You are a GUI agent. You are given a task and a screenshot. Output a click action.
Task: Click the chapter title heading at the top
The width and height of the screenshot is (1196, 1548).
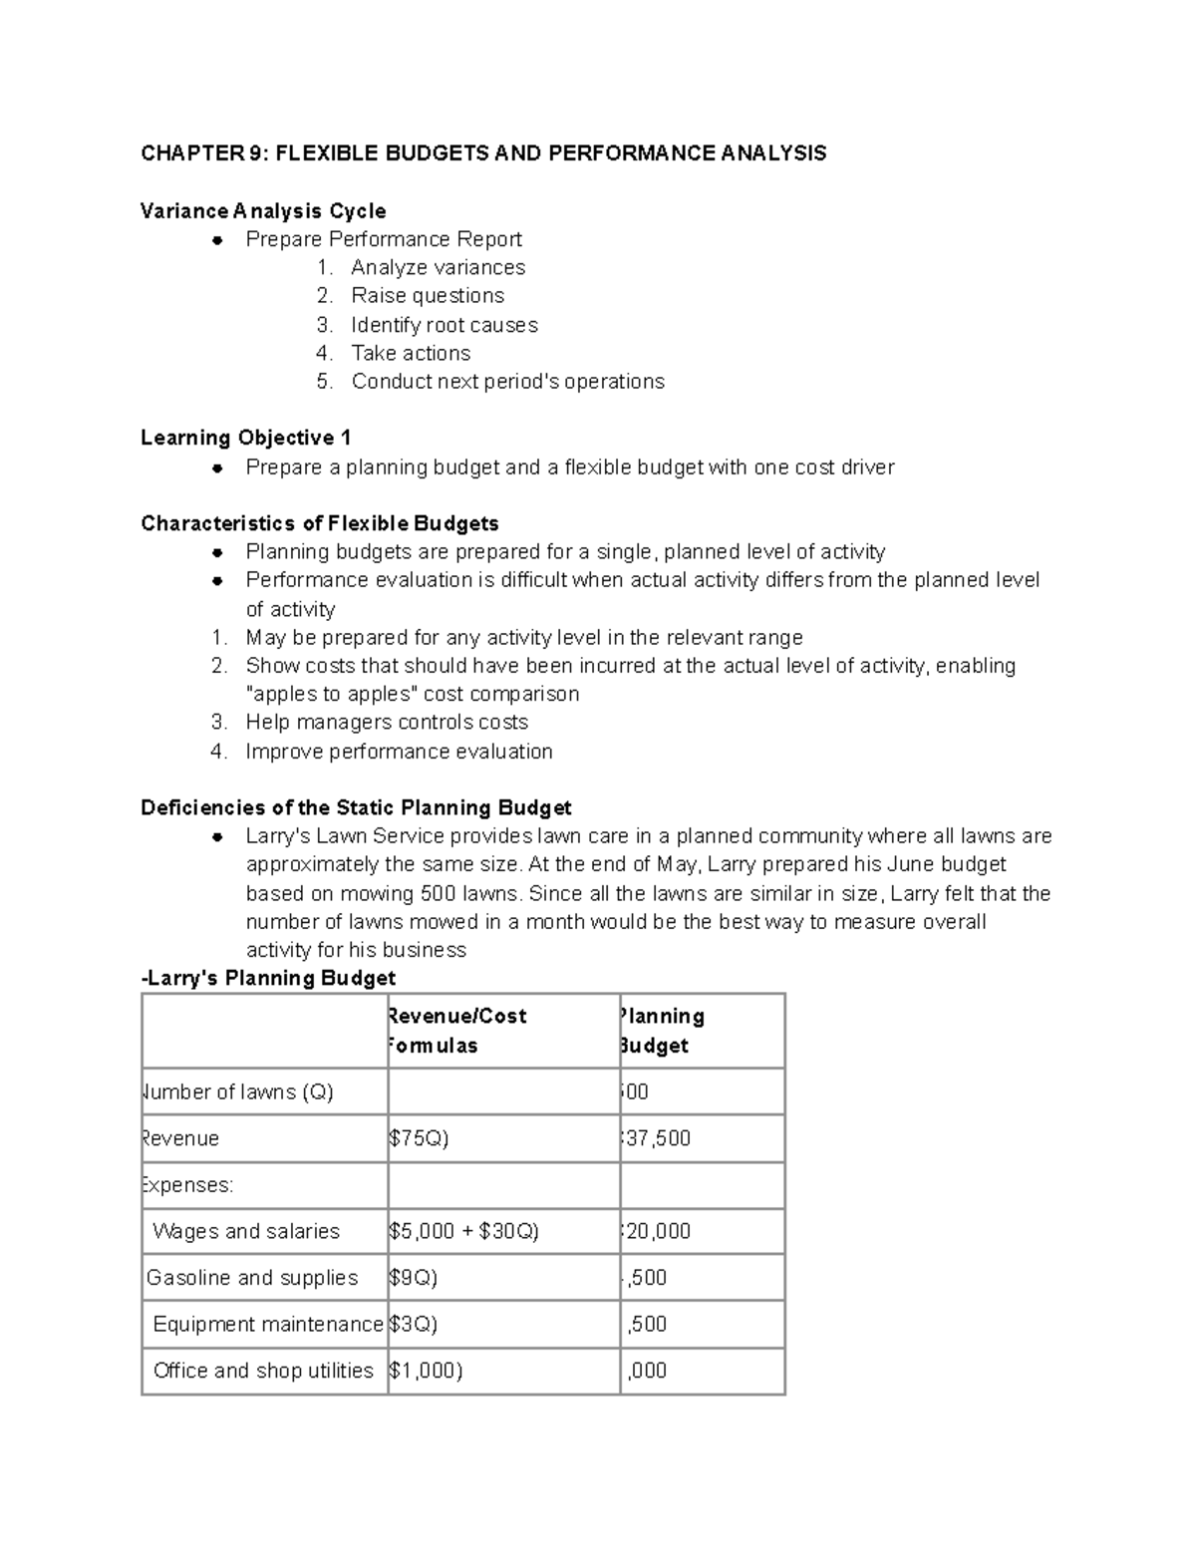(x=483, y=154)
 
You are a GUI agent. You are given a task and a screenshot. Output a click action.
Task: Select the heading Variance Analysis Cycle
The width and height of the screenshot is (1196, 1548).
(x=263, y=211)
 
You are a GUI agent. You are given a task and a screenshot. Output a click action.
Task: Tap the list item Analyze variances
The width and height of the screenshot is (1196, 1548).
(x=438, y=267)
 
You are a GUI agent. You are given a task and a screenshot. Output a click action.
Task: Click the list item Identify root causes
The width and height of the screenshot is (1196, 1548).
(x=444, y=325)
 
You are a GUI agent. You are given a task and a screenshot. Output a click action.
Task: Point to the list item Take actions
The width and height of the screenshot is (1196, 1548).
(x=411, y=353)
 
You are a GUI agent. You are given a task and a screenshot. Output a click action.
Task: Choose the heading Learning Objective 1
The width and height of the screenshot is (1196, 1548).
(x=245, y=438)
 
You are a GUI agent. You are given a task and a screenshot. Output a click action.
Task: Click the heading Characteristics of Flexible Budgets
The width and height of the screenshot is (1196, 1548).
(x=320, y=523)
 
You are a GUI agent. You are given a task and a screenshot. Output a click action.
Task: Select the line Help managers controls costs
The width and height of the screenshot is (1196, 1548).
(x=387, y=722)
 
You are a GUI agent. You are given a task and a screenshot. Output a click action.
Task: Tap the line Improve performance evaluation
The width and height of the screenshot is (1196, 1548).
(x=399, y=752)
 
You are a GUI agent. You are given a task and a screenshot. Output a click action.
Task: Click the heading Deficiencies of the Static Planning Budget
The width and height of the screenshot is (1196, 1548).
(x=356, y=807)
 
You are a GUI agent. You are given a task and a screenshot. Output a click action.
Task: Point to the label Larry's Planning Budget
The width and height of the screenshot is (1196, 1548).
(x=269, y=978)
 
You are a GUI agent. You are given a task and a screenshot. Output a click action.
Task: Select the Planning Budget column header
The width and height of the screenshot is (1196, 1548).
(x=661, y=1031)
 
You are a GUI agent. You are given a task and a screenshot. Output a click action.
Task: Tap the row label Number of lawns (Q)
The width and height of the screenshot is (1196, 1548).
(x=239, y=1091)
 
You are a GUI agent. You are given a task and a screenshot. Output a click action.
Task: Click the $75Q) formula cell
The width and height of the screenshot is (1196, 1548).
(x=419, y=1138)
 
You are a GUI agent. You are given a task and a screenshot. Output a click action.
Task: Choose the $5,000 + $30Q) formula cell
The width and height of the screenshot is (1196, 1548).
(x=463, y=1231)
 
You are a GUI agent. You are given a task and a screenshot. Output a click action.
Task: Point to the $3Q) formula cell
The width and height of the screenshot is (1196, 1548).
(x=413, y=1324)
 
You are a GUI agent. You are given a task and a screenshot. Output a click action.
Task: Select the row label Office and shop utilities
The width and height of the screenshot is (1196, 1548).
(x=263, y=1371)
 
